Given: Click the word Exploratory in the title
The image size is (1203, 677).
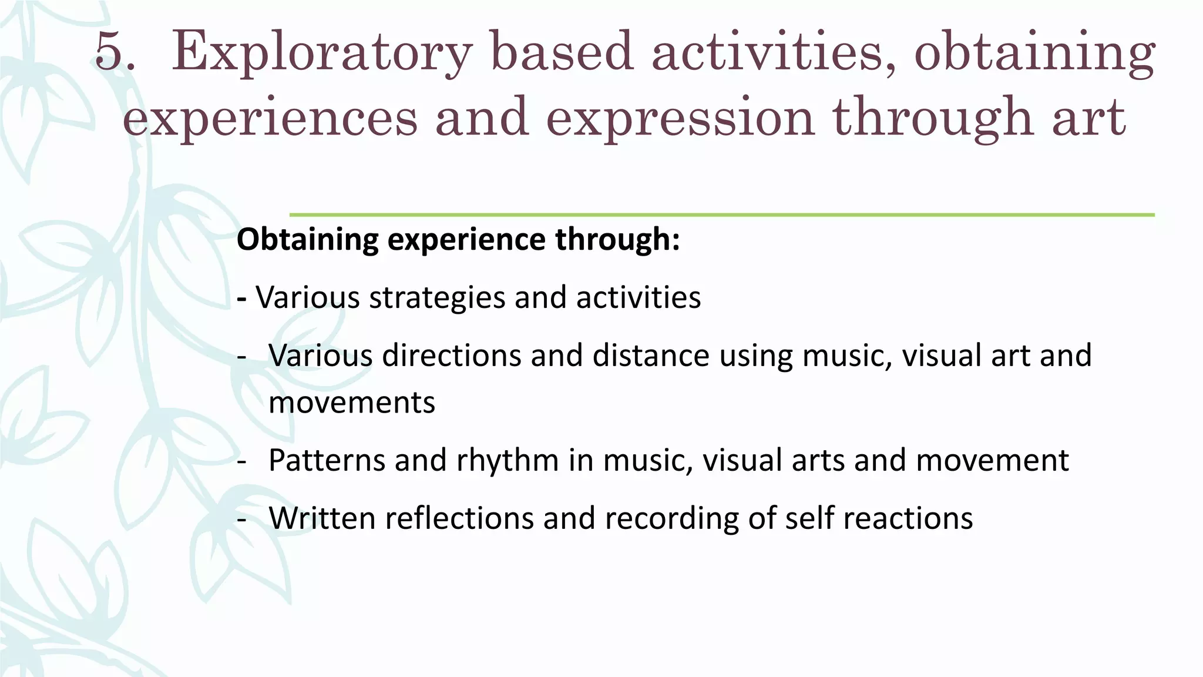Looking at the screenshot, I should pos(322,53).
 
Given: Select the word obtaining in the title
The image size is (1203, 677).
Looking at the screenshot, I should pos(1034,53).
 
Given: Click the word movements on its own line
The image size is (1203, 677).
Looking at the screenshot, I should pos(352,403).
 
